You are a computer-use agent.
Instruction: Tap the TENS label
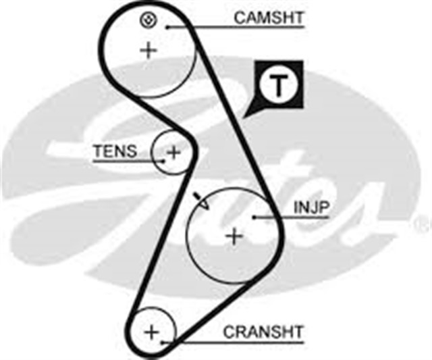click(115, 151)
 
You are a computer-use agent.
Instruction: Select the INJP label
click(310, 207)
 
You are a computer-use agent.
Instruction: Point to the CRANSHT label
click(263, 332)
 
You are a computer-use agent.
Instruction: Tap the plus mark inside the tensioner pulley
click(173, 152)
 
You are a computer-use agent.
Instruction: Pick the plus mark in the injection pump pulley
click(234, 236)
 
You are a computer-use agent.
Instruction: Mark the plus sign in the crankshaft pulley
click(152, 332)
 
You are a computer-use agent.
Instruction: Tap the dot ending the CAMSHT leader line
click(167, 28)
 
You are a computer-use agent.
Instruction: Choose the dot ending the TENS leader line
click(163, 161)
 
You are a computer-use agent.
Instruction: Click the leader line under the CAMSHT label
click(236, 28)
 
